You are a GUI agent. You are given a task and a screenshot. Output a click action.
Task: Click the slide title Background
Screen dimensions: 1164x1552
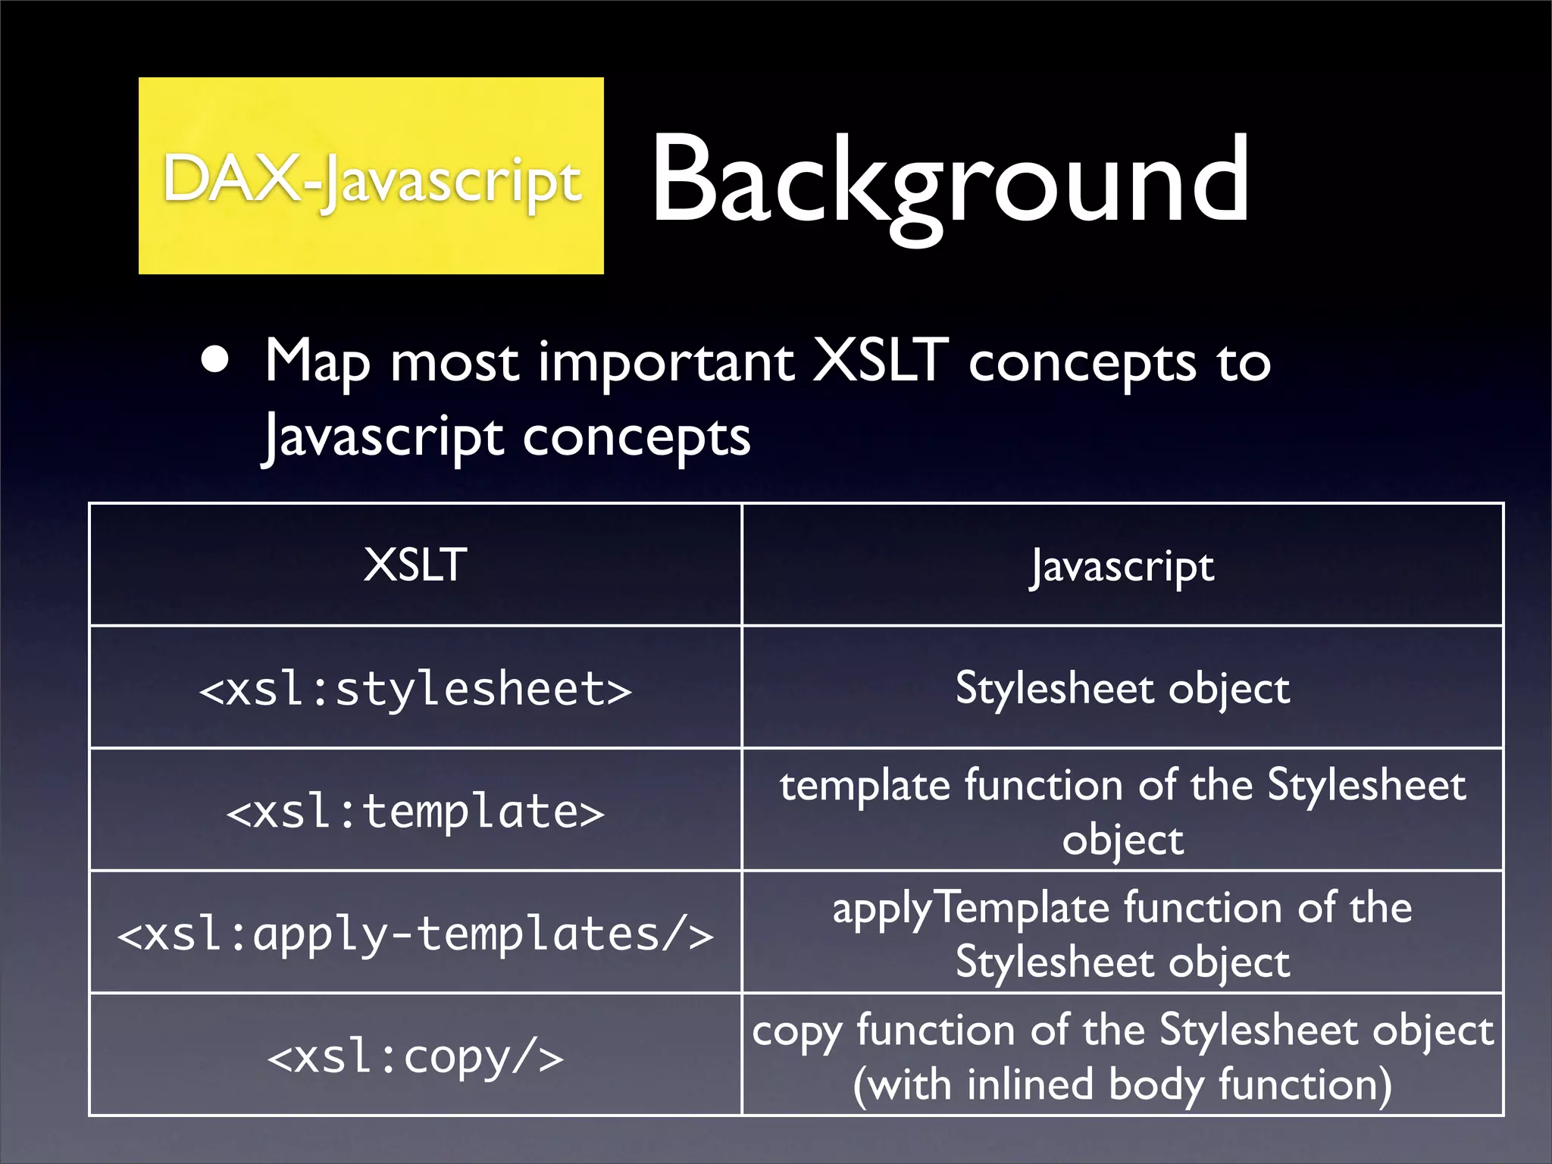(x=950, y=180)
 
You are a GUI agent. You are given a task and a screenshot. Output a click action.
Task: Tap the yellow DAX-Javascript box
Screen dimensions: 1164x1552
(x=371, y=176)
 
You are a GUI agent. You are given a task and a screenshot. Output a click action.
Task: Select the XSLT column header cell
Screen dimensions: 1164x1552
(x=415, y=565)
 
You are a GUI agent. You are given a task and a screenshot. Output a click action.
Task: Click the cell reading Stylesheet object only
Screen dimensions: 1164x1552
(x=1122, y=688)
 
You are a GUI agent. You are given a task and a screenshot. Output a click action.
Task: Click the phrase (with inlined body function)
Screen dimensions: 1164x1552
(x=1122, y=1084)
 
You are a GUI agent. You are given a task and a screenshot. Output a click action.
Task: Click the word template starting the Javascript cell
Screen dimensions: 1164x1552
(x=865, y=786)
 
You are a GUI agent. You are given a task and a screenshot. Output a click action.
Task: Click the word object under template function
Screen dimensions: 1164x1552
(x=1122, y=840)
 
